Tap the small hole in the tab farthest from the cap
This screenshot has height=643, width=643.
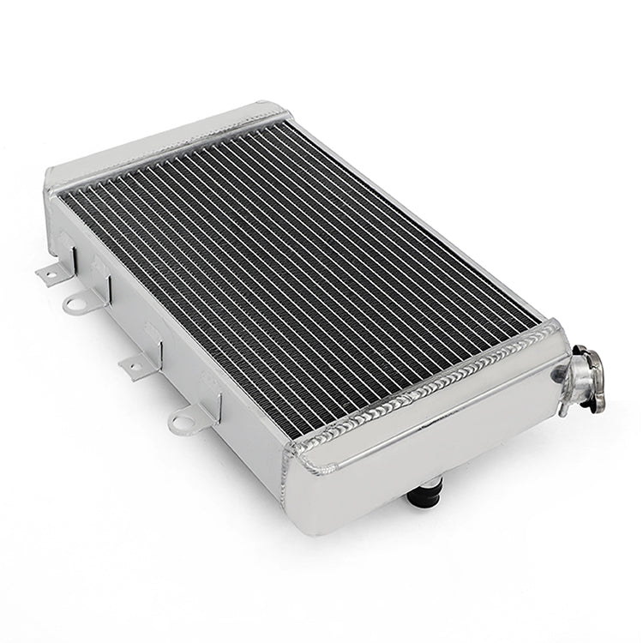click(49, 273)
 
